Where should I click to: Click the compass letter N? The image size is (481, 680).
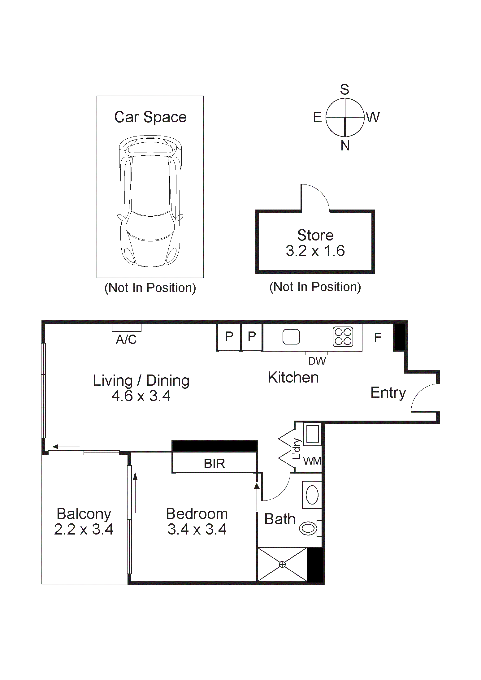[345, 145]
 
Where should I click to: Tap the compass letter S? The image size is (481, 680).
[344, 90]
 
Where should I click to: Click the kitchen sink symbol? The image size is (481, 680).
[291, 336]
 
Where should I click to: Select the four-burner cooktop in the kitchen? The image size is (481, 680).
[343, 336]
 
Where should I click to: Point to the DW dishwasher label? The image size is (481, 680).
[317, 361]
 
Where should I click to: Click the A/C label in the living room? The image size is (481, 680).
[126, 340]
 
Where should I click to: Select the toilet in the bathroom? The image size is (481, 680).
[308, 528]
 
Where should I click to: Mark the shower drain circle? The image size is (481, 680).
[282, 565]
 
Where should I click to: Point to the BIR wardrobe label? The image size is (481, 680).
[214, 464]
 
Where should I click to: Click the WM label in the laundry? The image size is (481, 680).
[312, 461]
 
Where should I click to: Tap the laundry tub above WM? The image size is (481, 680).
[312, 434]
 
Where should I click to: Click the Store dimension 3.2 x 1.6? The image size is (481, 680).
[315, 251]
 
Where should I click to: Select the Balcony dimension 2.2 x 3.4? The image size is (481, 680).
[84, 529]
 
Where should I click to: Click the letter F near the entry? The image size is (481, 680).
[378, 337]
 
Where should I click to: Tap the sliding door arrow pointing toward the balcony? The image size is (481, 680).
[66, 447]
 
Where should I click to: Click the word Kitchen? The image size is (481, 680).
[293, 377]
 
